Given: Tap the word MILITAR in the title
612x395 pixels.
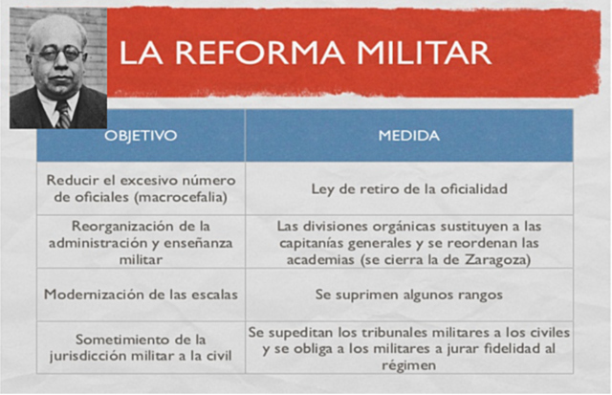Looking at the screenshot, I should coord(421,52).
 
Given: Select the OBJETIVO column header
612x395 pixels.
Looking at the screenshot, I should coord(141,136).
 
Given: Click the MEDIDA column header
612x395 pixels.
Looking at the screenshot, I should coord(408,136).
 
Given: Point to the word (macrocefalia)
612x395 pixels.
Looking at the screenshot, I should coord(186,197).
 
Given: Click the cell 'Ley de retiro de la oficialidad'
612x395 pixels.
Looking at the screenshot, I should coord(408,188).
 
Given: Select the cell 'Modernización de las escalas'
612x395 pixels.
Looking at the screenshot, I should coord(141,295).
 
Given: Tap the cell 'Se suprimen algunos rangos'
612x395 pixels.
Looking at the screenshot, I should coord(408,295).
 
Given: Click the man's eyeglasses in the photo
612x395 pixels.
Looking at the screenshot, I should coord(58,53).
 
